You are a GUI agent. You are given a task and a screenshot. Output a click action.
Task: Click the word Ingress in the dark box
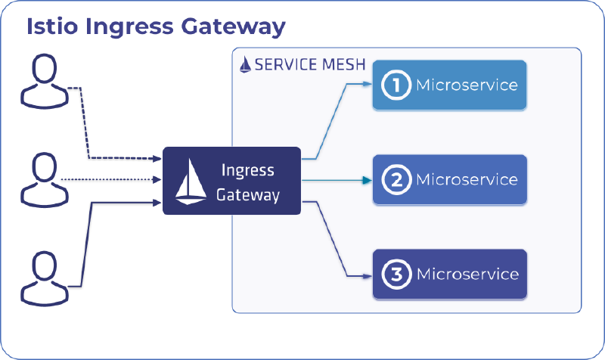pos(247,169)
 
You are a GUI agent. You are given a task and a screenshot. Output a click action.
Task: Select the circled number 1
pos(394,85)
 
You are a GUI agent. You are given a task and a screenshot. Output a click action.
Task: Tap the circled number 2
pos(394,180)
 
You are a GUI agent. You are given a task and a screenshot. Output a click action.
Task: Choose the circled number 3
pos(394,274)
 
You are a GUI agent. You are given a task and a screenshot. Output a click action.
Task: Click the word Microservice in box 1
pos(467,85)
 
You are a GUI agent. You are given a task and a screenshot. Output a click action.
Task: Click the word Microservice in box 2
pos(467,180)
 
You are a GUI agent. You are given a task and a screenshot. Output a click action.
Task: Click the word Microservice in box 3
pos(467,274)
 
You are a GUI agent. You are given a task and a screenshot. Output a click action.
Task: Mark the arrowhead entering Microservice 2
pos(368,180)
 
